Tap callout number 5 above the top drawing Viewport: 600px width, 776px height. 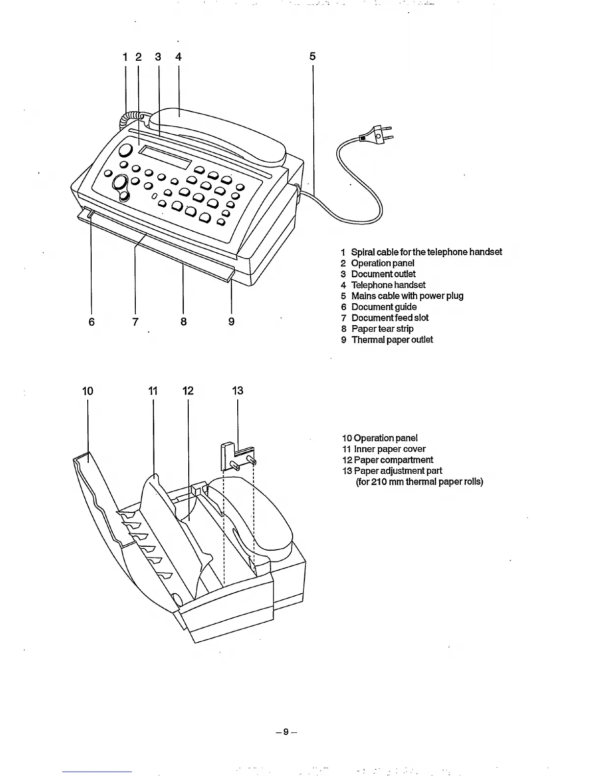313,57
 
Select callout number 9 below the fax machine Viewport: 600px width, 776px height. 231,321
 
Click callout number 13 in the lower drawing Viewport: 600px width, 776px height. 238,391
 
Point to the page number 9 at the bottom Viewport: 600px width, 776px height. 286,732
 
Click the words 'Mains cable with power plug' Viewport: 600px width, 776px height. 407,296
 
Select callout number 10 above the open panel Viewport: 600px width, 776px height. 88,391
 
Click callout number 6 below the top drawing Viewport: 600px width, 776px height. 92,321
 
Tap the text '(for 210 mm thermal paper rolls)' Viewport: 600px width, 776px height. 419,482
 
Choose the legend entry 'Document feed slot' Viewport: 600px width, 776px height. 390,318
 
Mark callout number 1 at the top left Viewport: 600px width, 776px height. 125,57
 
